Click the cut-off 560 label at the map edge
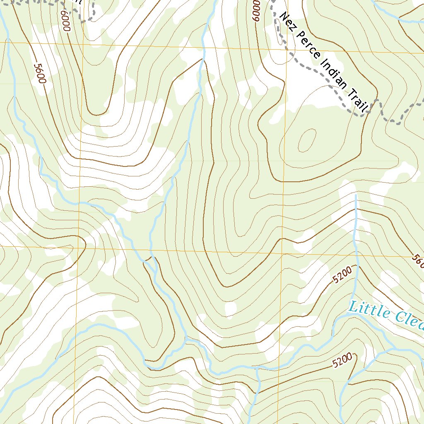418,260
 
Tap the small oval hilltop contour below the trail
307,140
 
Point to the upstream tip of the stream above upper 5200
356,195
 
